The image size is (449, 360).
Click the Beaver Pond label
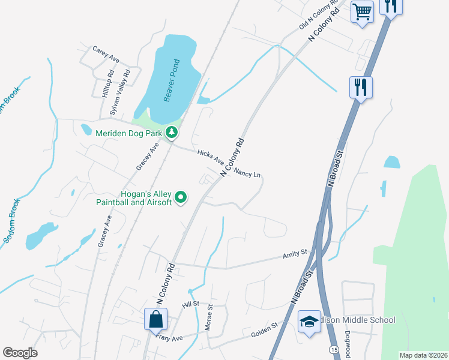click(x=169, y=80)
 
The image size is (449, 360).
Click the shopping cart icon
click(x=363, y=11)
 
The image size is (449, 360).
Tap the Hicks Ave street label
click(x=211, y=158)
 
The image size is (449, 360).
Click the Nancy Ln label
click(x=248, y=173)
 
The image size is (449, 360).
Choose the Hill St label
click(x=190, y=306)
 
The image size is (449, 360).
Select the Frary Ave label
click(x=169, y=337)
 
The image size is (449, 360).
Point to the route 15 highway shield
click(x=333, y=349)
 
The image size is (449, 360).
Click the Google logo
click(x=20, y=352)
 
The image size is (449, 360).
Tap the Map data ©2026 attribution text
click(x=423, y=355)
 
